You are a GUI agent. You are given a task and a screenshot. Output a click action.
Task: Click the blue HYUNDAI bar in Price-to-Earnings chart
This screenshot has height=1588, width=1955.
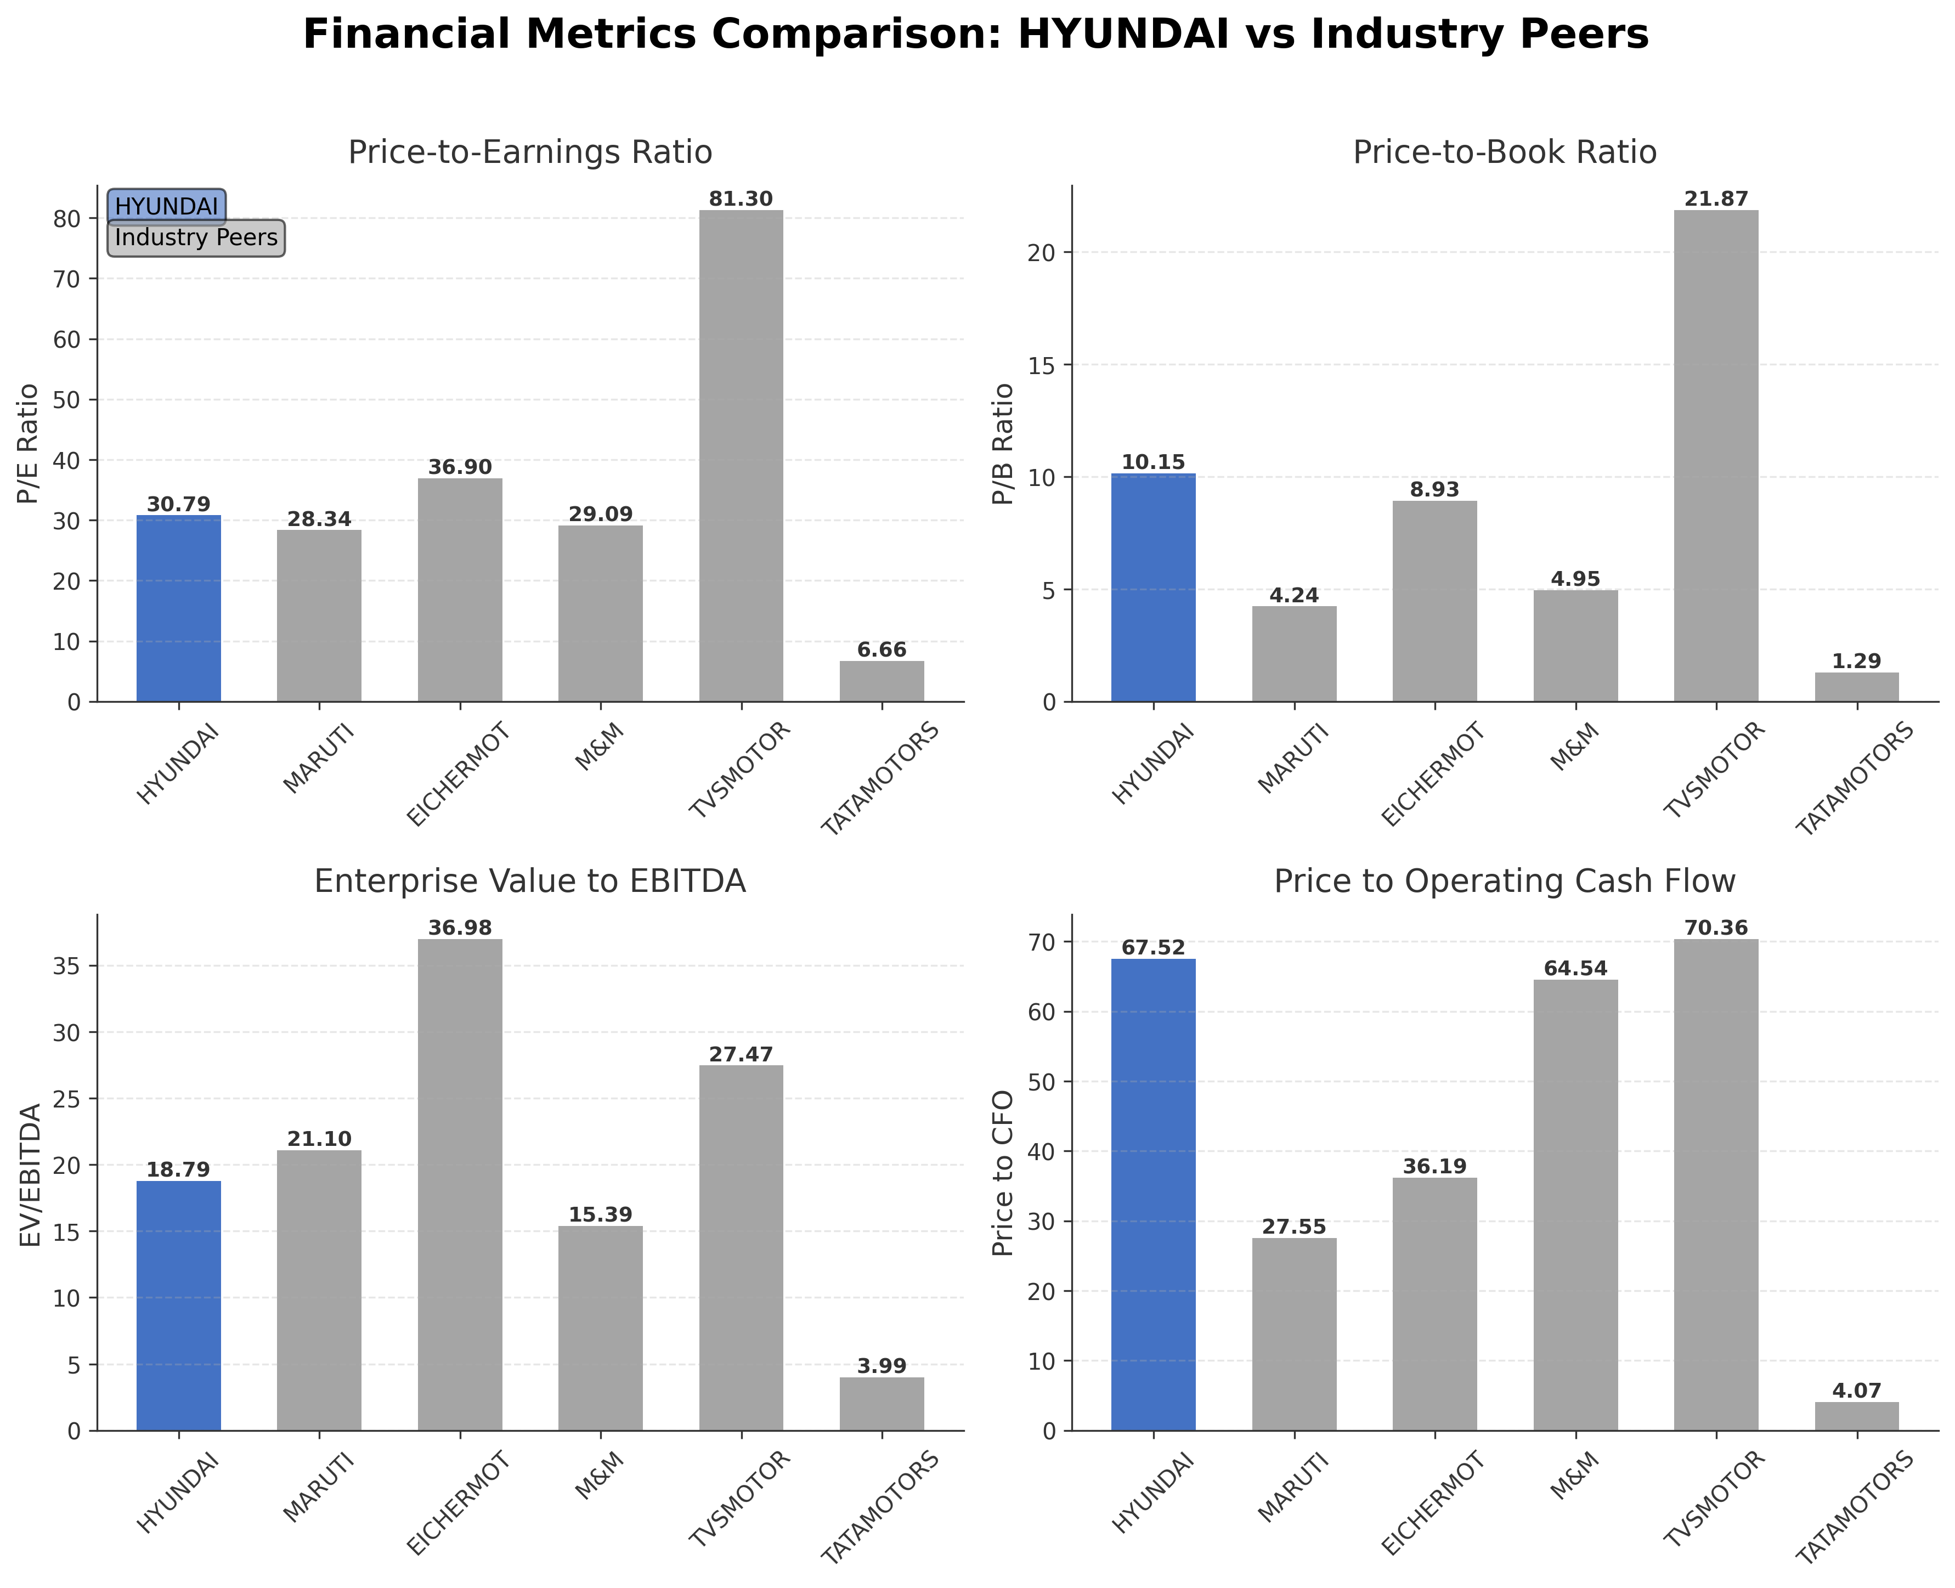[178, 608]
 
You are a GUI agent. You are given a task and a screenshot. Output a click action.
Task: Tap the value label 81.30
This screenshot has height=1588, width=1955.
[741, 199]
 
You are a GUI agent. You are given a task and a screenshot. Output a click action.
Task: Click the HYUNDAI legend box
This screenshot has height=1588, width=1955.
[167, 207]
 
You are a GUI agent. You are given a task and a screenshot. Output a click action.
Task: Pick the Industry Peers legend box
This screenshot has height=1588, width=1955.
[196, 238]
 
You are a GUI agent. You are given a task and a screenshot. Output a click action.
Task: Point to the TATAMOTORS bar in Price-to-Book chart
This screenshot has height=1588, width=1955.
[1856, 687]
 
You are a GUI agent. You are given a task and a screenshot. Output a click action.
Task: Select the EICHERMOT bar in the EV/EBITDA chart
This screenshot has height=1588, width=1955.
[460, 1185]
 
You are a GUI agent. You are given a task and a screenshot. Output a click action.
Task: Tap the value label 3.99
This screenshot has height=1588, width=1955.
[882, 1366]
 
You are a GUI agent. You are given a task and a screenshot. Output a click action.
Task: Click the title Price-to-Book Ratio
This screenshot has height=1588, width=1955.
[1504, 152]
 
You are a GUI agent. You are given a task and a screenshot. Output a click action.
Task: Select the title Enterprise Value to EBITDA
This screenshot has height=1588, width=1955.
[530, 881]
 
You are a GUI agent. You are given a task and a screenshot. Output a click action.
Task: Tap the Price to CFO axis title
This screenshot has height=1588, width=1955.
[1004, 1173]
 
